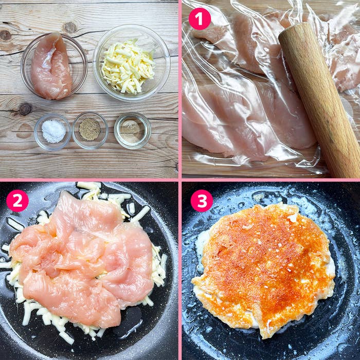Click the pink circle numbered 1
pos(200,19)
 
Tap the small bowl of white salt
pos(52,131)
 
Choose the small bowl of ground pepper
pos(90,130)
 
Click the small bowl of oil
pos(132,131)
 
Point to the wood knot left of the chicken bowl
pos(6,35)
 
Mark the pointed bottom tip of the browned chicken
pos(265,334)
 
